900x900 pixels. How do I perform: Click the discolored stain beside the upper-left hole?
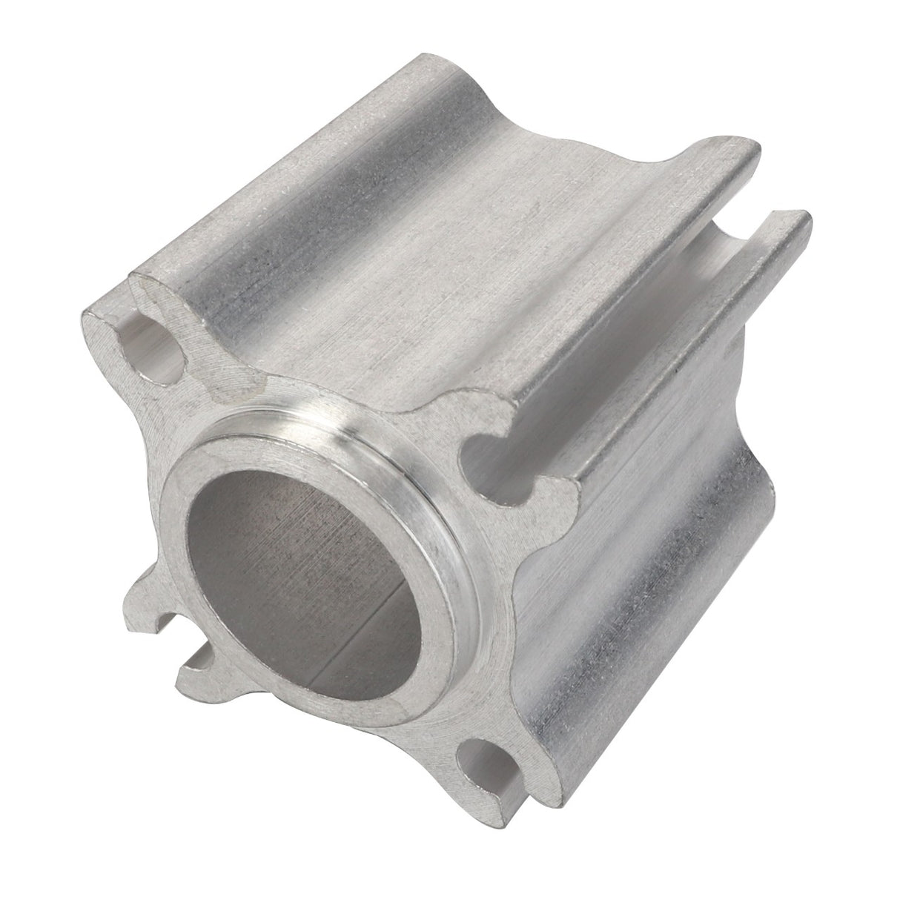[215, 363]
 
